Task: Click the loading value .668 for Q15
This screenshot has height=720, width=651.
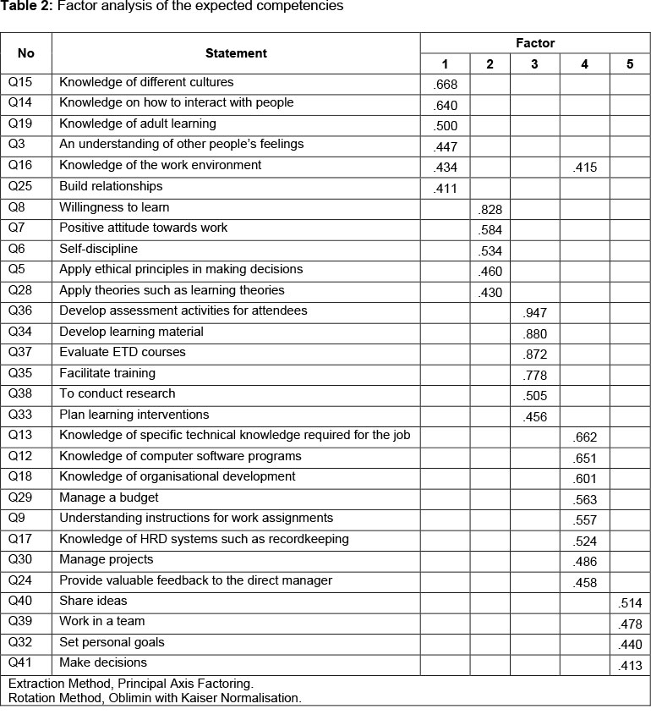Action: click(x=445, y=85)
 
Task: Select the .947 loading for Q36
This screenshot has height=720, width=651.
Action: click(x=536, y=313)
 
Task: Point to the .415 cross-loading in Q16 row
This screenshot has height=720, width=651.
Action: click(x=585, y=168)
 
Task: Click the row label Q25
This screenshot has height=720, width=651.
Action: click(x=20, y=186)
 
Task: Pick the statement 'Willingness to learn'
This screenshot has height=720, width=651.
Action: click(x=114, y=207)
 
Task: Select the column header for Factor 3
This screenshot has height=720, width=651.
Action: click(x=534, y=64)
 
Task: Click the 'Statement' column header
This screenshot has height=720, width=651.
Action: click(x=236, y=53)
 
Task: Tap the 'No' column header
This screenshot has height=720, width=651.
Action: click(x=26, y=53)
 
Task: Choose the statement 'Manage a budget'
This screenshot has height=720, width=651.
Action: click(x=108, y=497)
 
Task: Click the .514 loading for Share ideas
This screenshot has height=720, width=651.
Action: click(x=631, y=603)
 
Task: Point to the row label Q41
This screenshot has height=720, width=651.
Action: click(x=20, y=662)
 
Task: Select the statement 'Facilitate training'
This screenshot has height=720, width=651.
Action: click(x=107, y=373)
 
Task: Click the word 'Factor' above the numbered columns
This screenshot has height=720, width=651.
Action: click(x=535, y=43)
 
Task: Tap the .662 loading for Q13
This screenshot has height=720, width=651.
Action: click(x=585, y=437)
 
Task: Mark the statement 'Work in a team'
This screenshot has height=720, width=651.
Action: click(x=101, y=621)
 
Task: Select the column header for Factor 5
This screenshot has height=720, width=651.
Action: click(x=630, y=64)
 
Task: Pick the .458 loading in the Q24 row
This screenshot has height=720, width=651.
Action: click(x=585, y=583)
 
